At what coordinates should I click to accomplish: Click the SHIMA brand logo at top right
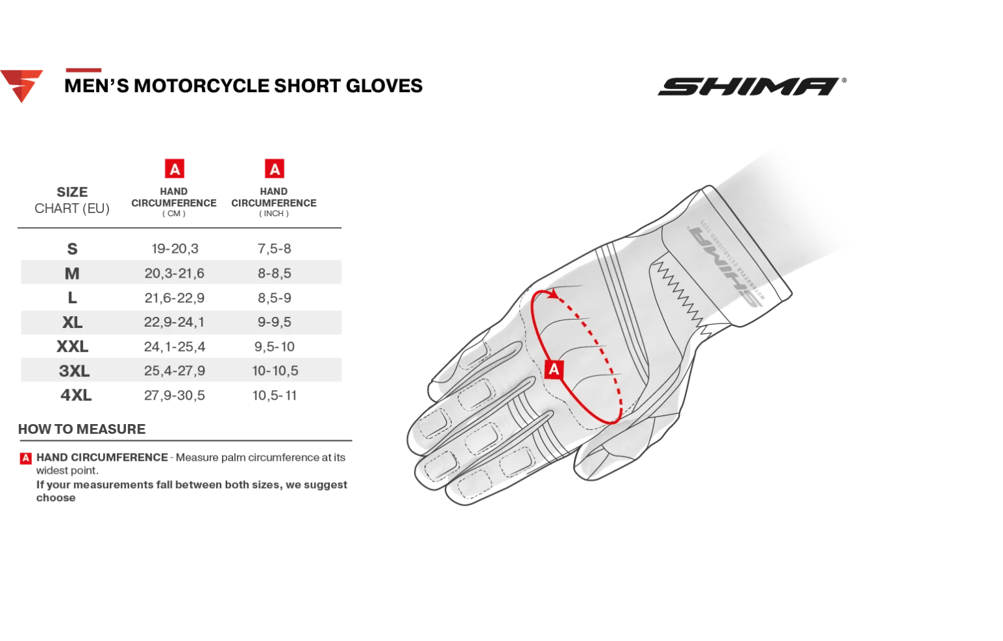pos(752,86)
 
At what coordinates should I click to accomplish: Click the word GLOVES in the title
pos(384,86)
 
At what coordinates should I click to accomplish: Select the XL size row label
pos(72,322)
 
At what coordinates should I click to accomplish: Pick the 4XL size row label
pos(76,395)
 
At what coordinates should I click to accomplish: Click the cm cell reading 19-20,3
pos(174,248)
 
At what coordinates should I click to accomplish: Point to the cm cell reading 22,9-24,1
pos(174,322)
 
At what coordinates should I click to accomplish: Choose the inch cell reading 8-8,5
pos(274,273)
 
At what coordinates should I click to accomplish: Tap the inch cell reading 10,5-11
pos(274,395)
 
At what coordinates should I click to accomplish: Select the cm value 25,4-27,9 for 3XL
pos(174,370)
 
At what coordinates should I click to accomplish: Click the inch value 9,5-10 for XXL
pos(274,346)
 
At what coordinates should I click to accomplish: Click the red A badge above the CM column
pos(174,169)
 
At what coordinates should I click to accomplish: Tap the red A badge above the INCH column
pos(274,169)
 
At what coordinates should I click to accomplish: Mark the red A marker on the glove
pos(554,369)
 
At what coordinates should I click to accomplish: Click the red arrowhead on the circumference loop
pos(554,294)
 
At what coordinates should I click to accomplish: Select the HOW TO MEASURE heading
pos(82,429)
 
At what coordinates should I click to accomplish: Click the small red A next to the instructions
pos(25,458)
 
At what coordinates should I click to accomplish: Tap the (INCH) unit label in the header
pos(274,214)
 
